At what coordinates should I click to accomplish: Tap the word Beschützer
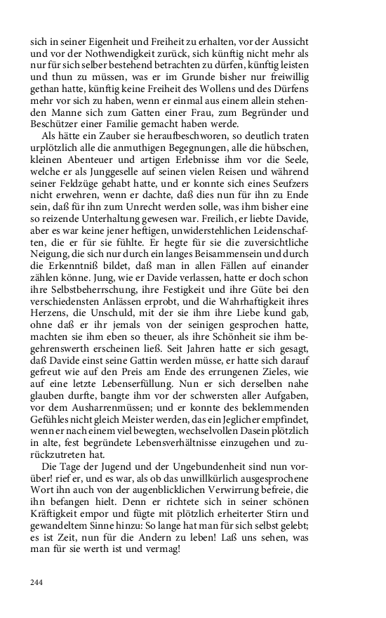coord(58,123)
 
